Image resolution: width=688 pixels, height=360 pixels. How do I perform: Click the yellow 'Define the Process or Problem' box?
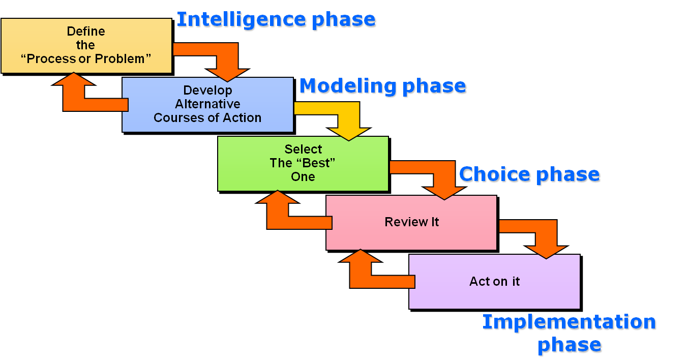86,46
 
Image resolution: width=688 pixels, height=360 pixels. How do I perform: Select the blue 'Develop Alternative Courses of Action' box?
207,104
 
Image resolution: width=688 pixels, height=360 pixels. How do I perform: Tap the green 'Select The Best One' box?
303,163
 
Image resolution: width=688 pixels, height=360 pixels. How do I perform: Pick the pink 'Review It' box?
411,222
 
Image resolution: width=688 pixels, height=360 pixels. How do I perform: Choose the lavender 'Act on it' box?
494,282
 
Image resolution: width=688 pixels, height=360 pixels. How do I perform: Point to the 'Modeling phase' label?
383,86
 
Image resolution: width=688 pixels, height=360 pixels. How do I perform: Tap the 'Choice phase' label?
529,174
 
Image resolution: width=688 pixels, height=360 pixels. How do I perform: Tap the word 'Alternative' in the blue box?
207,104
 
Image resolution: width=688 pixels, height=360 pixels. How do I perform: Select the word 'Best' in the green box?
317,163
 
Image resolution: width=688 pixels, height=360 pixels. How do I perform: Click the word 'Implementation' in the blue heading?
570,322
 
